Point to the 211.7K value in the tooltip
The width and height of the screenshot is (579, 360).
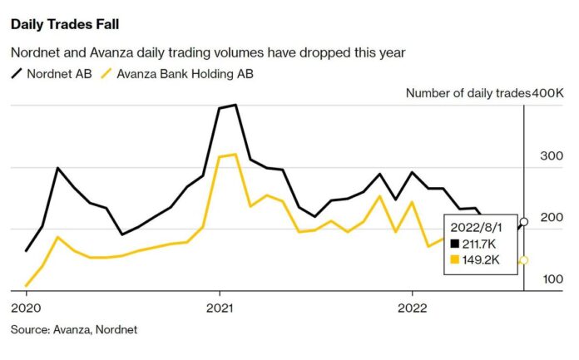(483, 243)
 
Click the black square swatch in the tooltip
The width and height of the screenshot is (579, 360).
(454, 243)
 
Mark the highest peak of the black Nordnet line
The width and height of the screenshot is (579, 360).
(235, 105)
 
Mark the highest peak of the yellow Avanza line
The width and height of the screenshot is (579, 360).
(235, 154)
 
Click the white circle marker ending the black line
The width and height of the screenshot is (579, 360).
(523, 222)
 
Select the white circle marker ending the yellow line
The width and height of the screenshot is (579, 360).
(523, 260)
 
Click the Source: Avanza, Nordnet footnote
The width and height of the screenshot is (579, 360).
(74, 329)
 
